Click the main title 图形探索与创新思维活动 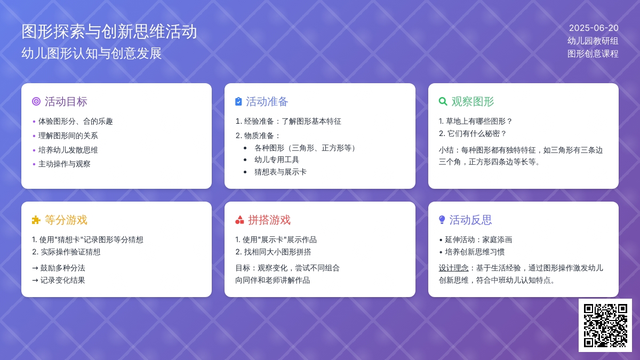point(109,31)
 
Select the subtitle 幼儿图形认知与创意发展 point(91,53)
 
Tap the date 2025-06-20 point(594,28)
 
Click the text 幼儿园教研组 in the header point(593,41)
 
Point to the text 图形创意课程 point(593,54)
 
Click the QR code point(605,325)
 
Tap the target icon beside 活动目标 point(36,101)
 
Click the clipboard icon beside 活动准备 point(238,101)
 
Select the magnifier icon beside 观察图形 point(443,101)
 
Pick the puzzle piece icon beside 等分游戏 point(36,220)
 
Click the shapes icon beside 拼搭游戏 point(239,220)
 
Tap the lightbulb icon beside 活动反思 point(442,220)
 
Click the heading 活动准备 point(267,101)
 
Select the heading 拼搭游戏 point(269,220)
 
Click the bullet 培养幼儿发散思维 point(68,150)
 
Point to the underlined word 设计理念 point(453,268)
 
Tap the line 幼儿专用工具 point(277,159)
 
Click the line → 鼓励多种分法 point(59,268)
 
